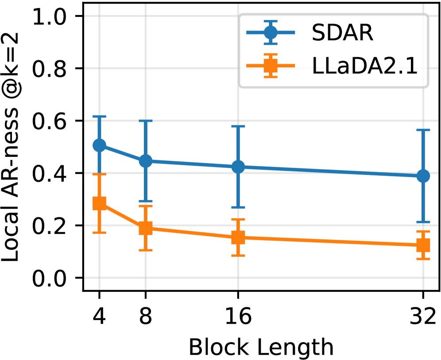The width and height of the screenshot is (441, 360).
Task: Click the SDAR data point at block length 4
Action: (99, 145)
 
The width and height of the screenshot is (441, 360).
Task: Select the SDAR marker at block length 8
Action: (146, 161)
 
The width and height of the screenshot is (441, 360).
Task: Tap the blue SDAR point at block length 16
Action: (239, 167)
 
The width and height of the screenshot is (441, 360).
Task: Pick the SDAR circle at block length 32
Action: (424, 176)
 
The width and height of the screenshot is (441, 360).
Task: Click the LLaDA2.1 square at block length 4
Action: (99, 203)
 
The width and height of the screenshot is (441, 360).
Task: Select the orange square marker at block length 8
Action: (146, 228)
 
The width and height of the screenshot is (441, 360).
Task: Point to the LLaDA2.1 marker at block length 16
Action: (239, 237)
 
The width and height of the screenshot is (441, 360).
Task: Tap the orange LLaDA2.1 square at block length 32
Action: (424, 245)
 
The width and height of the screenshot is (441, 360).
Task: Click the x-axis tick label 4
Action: (99, 317)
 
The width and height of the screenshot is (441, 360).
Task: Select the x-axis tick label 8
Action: (146, 317)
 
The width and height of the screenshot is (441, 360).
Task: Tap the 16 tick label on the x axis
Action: (239, 317)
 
